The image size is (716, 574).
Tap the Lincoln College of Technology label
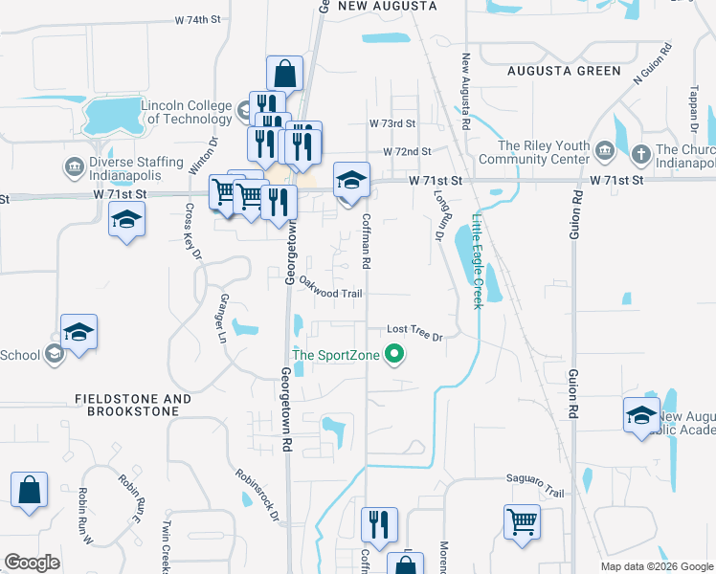(187, 112)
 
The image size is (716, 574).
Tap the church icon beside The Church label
(641, 150)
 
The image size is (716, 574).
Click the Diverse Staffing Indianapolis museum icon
(73, 168)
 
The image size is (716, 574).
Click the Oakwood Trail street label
(330, 287)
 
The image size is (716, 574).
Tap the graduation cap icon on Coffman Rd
(351, 180)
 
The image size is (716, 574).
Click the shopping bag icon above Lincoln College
(285, 72)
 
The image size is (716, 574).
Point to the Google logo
(32, 562)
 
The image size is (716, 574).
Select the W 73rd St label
(392, 123)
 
